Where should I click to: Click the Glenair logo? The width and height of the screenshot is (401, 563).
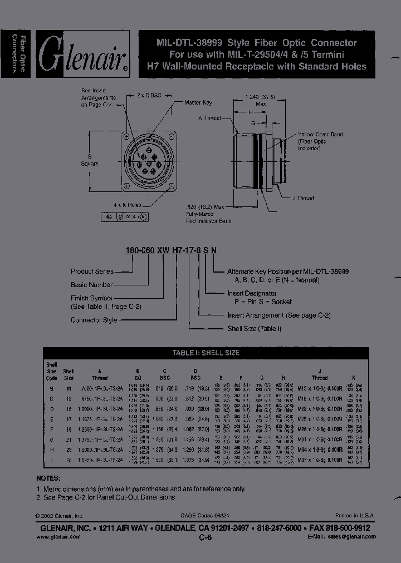click(82, 54)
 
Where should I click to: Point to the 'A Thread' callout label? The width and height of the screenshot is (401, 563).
click(209, 118)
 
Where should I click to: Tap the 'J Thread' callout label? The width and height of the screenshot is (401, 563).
click(303, 198)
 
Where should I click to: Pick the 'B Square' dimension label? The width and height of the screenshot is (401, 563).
click(89, 160)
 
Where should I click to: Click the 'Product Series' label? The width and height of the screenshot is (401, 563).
click(92, 271)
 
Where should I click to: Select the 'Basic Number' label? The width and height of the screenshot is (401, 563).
click(92, 285)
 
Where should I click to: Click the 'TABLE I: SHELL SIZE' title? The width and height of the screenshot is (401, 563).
click(206, 353)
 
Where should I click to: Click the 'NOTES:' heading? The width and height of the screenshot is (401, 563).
click(48, 478)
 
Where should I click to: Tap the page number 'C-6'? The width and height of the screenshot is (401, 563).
click(206, 538)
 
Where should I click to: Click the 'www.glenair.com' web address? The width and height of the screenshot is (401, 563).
click(58, 537)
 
